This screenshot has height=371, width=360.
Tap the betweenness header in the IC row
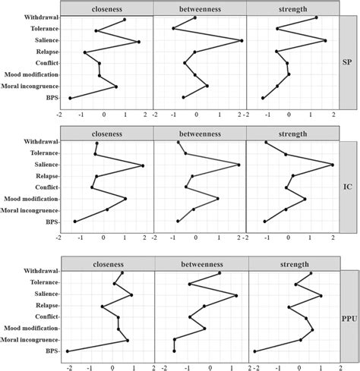pos(200,132)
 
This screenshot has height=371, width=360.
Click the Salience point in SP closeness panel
pos(138,42)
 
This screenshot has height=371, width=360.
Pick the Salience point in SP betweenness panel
pos(242,41)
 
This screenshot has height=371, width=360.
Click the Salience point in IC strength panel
pos(333,165)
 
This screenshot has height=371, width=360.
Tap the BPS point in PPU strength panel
pos(254,351)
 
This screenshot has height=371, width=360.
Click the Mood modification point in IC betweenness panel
pos(218,199)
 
